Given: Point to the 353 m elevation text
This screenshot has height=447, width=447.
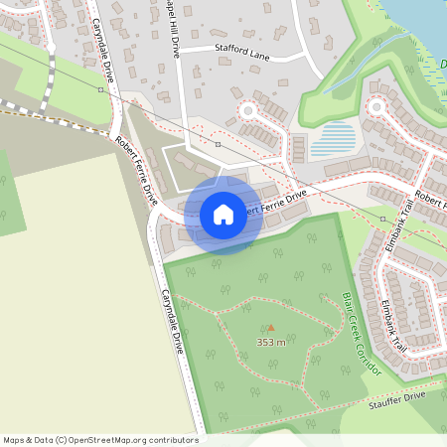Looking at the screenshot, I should click(271, 342).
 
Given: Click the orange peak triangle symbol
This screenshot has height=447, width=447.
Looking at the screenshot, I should click(271, 327).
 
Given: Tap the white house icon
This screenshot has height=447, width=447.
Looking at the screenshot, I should click(223, 215).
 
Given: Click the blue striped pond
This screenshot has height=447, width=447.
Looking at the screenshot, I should click(332, 139).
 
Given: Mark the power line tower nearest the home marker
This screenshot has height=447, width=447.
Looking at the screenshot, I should click(218, 144).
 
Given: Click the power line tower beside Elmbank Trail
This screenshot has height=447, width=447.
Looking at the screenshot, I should click(382, 219).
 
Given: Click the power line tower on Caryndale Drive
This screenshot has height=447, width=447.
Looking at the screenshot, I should click(101, 89).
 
